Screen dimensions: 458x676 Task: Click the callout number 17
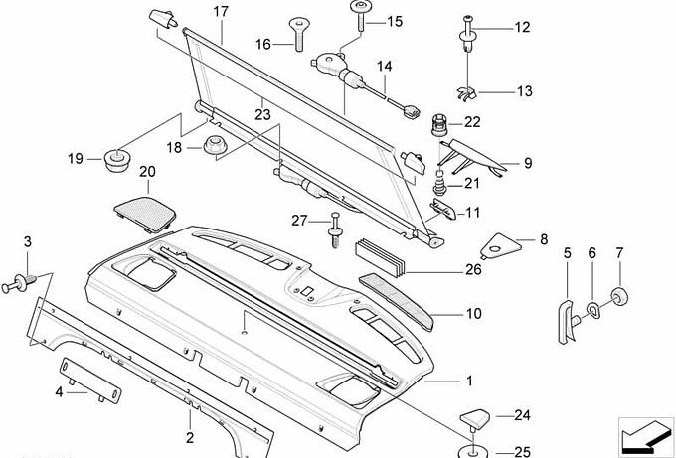(x=221, y=11)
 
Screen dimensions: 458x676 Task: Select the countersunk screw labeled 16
(x=297, y=34)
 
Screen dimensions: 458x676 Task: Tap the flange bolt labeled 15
(x=360, y=16)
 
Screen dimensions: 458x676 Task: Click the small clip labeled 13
(x=469, y=92)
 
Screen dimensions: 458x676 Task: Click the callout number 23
(x=261, y=114)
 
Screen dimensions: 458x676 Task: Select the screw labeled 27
(x=335, y=228)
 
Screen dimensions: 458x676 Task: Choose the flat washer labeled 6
(x=591, y=311)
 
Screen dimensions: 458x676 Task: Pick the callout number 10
(x=473, y=314)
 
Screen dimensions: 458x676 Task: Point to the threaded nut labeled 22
(x=442, y=126)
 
